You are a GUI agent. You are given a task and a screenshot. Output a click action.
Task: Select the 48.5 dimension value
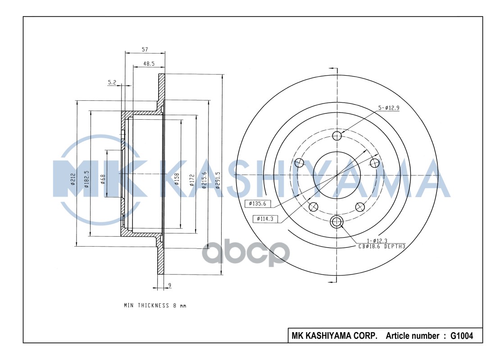(x=149, y=64)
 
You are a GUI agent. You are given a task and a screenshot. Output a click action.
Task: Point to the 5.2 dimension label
(x=113, y=82)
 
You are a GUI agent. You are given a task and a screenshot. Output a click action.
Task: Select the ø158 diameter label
(x=177, y=179)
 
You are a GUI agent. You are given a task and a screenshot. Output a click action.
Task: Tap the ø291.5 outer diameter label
(x=218, y=180)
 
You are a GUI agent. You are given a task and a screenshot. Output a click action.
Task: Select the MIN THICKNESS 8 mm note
(x=154, y=306)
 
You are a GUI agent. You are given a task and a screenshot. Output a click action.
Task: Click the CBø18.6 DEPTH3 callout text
(x=382, y=246)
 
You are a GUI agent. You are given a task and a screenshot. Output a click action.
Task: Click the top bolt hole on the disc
(x=337, y=136)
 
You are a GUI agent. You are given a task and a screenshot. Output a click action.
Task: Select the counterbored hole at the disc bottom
(x=337, y=221)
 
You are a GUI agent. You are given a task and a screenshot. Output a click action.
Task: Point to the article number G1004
(x=462, y=336)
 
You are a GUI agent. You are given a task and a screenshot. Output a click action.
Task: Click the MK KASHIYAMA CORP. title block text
(x=334, y=336)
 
